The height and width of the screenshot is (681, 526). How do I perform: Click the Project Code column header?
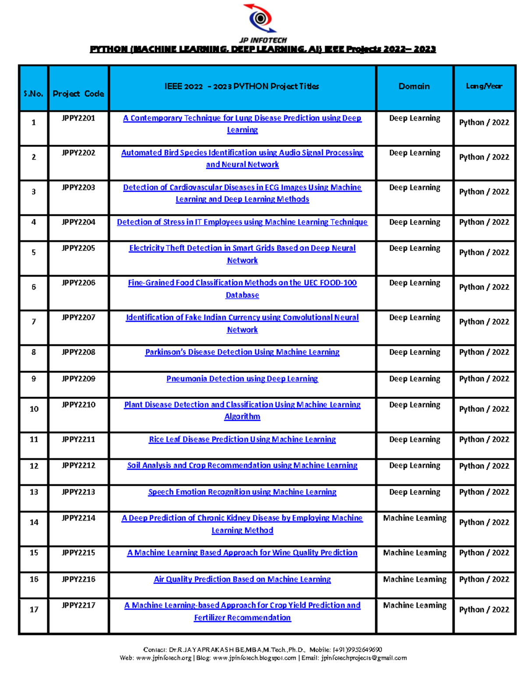click(x=78, y=93)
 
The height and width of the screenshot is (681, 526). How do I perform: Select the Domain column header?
click(x=414, y=86)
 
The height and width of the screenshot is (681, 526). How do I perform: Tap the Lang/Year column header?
click(x=484, y=86)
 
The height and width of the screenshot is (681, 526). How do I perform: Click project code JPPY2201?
click(x=78, y=118)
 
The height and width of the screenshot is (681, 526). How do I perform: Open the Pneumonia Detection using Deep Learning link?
click(x=242, y=379)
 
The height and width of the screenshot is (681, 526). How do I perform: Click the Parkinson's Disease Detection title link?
click(x=242, y=352)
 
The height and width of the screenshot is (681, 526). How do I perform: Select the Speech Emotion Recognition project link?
click(x=242, y=492)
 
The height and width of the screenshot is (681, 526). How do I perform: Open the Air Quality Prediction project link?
click(x=242, y=579)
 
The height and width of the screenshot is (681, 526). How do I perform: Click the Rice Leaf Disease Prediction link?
click(x=242, y=439)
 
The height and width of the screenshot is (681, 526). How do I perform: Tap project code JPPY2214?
click(x=78, y=518)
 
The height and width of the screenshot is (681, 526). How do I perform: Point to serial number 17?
click(x=34, y=610)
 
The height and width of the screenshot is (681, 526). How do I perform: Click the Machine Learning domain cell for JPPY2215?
click(x=415, y=553)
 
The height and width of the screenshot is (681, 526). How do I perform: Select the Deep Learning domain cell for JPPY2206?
click(x=415, y=283)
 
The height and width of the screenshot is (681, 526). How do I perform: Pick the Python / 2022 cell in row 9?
click(x=484, y=379)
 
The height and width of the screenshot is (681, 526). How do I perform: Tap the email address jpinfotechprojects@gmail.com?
click(x=364, y=658)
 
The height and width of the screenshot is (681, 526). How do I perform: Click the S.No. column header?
click(x=33, y=93)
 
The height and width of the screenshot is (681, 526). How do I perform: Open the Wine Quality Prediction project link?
click(x=242, y=553)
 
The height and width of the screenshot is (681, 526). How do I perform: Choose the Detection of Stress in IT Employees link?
click(x=242, y=222)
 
